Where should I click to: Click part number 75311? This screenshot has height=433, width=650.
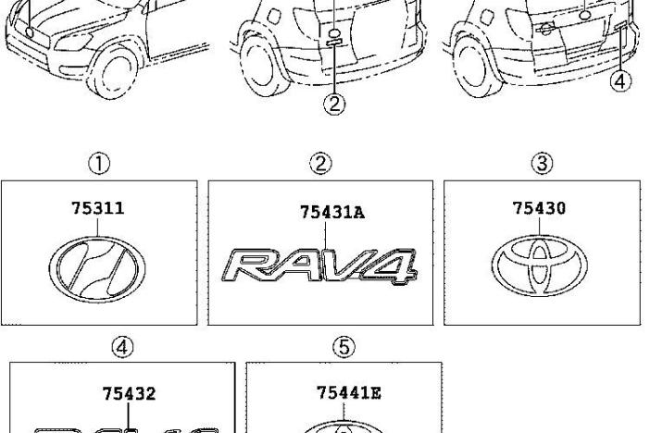tap(98, 208)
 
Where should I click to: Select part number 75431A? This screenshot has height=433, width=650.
tap(332, 213)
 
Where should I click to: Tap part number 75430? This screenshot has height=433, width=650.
tap(539, 208)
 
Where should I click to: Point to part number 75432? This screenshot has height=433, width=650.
tap(129, 393)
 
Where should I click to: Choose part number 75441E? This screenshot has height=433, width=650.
tap(349, 392)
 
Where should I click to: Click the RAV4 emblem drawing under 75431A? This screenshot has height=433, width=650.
tap(319, 266)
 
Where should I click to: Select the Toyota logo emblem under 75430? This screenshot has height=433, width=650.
tap(540, 266)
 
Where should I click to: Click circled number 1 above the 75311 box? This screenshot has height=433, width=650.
tap(99, 164)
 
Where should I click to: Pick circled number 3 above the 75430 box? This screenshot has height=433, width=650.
tap(543, 163)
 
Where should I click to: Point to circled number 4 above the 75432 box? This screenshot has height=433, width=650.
tap(123, 347)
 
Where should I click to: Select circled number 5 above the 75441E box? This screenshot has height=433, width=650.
tap(344, 346)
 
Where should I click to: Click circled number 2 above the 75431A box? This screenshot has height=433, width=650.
tap(321, 163)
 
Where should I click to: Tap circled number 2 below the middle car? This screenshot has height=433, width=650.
tap(334, 104)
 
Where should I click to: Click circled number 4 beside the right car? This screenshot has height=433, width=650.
tap(620, 81)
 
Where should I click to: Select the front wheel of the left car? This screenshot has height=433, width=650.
tap(113, 73)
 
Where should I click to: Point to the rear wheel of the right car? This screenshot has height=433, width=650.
tap(473, 68)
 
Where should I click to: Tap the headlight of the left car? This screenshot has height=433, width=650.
tap(73, 42)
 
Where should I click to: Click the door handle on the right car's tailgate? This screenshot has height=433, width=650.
tap(545, 28)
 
